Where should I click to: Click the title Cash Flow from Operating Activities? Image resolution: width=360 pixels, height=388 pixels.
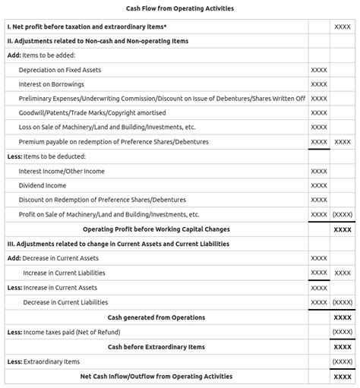180,8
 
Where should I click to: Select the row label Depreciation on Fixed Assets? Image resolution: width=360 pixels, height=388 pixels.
60,70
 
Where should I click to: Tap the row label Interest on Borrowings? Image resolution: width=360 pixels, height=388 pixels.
52,84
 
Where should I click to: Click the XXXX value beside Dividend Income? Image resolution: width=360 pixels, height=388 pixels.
319,186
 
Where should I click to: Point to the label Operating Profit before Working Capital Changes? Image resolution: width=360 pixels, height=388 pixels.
156,229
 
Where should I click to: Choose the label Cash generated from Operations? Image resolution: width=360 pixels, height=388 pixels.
156,317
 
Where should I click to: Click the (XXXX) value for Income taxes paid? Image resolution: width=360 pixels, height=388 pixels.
343,332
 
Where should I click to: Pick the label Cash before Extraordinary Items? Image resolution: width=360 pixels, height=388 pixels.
156,347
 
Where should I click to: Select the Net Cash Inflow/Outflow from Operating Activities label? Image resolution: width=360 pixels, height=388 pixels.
156,376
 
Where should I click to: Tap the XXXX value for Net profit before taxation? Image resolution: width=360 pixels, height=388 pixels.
343,27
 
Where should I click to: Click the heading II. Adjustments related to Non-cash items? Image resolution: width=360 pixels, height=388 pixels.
97,41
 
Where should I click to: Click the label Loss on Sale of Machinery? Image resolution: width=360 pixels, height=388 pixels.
107,128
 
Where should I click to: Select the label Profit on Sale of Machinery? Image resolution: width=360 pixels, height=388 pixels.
109,215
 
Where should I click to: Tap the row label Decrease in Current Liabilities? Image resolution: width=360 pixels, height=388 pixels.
65,302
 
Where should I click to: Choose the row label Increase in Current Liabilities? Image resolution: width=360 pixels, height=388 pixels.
65,273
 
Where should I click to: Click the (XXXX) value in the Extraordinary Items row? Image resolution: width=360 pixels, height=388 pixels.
343,361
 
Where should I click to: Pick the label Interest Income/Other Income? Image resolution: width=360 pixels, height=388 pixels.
62,172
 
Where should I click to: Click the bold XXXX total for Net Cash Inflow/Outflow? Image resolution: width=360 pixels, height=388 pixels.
343,376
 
